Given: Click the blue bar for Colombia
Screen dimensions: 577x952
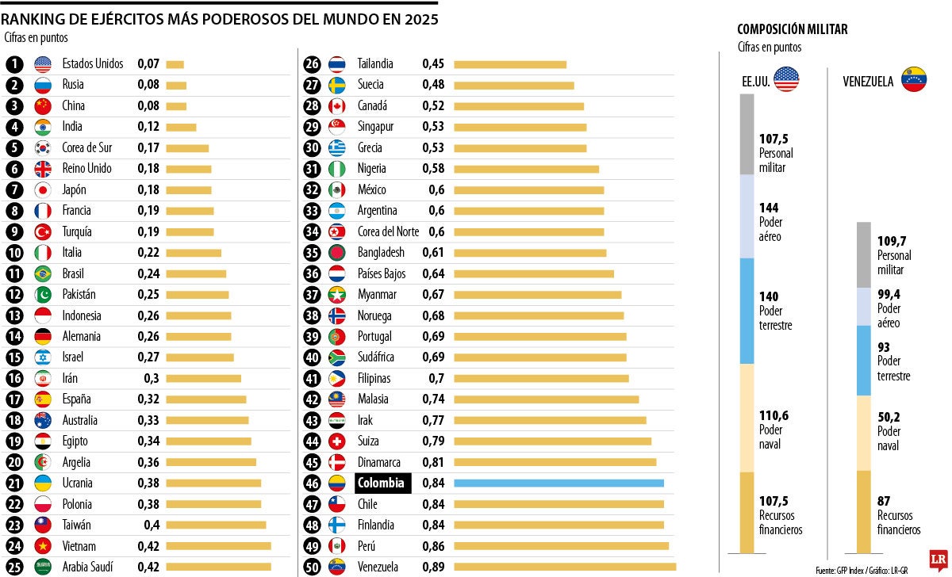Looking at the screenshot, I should (559, 483).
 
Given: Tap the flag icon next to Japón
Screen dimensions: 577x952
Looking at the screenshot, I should (43, 189).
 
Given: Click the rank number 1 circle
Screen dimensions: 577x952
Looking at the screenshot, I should (14, 64).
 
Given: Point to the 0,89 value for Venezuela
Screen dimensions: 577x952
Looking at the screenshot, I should (433, 567).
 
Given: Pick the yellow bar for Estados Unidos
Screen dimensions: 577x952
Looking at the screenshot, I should (175, 64).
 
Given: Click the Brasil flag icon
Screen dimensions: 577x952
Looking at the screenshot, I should (43, 273).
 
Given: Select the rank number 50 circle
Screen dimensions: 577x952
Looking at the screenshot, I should (313, 567).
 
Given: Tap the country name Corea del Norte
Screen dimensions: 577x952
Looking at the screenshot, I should (388, 231).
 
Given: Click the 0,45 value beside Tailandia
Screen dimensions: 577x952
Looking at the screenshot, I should (433, 64).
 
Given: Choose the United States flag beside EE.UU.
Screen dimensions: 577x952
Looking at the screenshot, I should (786, 79).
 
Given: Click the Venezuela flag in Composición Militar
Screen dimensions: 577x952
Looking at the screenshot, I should (914, 79).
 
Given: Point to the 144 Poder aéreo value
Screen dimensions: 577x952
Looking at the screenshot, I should (769, 208).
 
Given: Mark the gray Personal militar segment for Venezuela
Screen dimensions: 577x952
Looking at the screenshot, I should (865, 254).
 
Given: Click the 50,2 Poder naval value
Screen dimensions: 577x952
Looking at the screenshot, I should (889, 417).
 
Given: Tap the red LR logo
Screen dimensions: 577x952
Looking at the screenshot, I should (939, 558).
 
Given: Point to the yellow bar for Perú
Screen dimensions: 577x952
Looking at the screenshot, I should (561, 546).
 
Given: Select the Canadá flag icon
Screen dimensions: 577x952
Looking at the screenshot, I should (336, 106).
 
